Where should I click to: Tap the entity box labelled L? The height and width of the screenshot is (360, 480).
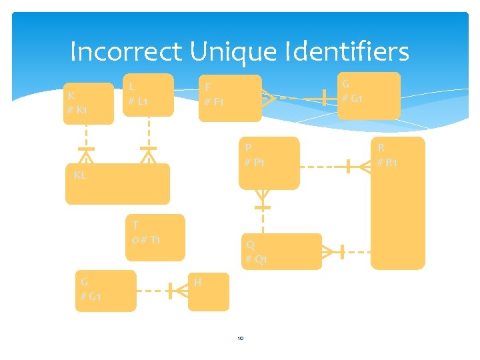(x=148, y=94)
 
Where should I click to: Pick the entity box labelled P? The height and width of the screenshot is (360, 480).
(x=269, y=163)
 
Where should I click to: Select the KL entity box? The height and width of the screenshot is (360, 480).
(x=117, y=184)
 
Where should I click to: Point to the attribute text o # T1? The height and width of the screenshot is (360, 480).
(x=146, y=239)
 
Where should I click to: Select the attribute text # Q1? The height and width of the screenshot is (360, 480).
(x=256, y=259)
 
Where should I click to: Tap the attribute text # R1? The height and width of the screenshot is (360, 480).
(x=387, y=163)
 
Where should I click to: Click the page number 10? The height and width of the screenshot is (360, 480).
(x=240, y=338)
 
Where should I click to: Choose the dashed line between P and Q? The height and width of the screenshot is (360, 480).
(x=263, y=220)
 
